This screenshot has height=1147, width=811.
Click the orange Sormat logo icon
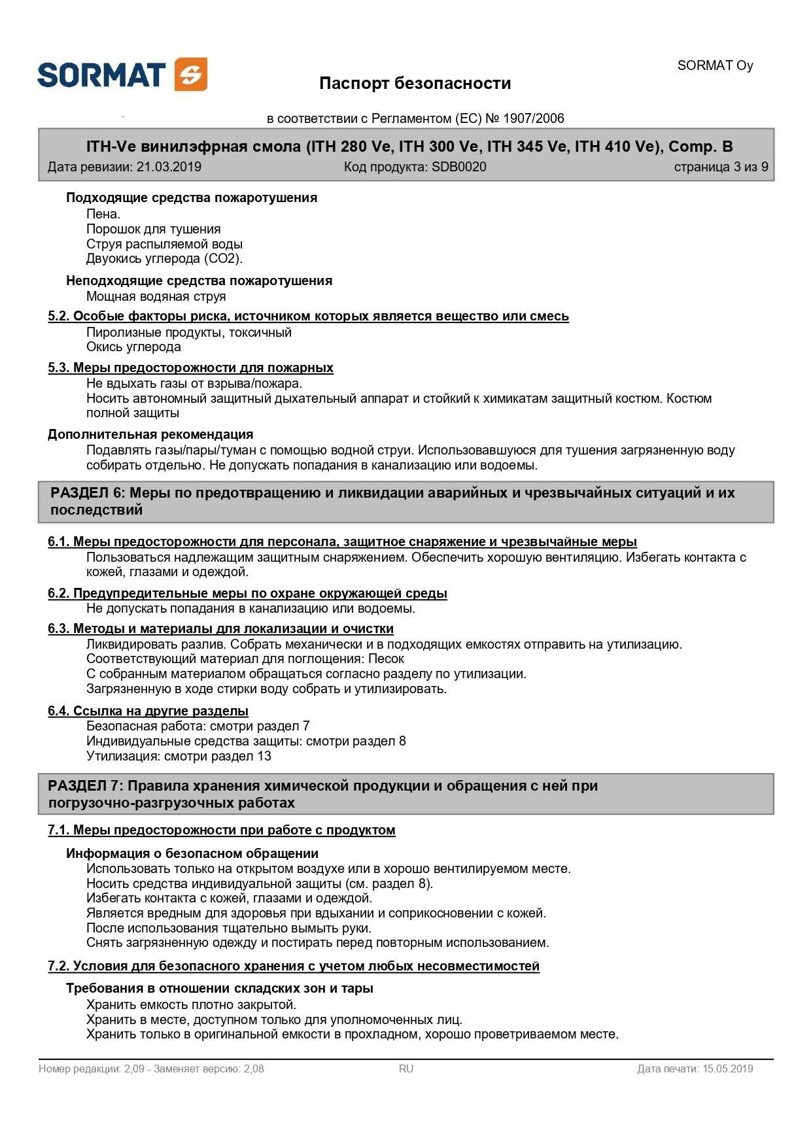(x=191, y=74)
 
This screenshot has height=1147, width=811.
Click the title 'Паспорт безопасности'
(x=415, y=84)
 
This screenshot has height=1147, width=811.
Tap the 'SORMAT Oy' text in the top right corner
(x=715, y=65)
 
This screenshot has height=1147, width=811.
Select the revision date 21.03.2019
(x=169, y=167)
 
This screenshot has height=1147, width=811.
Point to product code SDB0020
(x=458, y=167)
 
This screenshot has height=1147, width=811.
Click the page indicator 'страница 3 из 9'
(x=721, y=167)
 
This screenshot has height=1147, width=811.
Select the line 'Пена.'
(x=103, y=214)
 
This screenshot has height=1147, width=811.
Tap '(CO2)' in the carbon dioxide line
(x=223, y=258)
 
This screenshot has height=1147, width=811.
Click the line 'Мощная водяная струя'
(x=156, y=296)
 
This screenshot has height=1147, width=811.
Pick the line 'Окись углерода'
(x=133, y=347)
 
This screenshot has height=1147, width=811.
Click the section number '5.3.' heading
(x=58, y=368)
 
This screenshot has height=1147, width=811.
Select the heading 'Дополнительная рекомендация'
(x=150, y=434)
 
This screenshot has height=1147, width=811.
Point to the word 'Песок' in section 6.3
(x=386, y=659)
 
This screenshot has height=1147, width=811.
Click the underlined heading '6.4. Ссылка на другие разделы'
(x=148, y=711)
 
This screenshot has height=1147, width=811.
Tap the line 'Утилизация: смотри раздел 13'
(x=179, y=756)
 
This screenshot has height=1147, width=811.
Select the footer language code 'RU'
(x=406, y=1069)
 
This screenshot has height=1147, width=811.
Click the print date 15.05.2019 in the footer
(x=727, y=1069)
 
